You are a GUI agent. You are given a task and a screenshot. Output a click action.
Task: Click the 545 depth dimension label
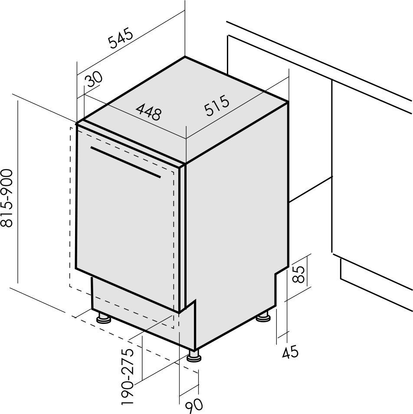coord(120,38)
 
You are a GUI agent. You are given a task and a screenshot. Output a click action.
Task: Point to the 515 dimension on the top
coord(217,106)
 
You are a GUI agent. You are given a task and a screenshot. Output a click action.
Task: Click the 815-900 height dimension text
coord(7,198)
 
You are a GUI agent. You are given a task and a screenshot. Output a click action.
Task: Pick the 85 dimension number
coord(299,274)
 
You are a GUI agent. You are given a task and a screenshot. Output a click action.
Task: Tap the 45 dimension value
coord(290,352)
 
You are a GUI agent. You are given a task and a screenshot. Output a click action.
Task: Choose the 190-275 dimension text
coord(128,377)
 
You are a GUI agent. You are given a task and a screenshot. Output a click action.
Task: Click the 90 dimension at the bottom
coord(194,407)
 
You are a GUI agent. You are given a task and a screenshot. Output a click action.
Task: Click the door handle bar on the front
coord(125,162)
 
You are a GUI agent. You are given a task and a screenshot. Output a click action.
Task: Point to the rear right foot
coord(263,316)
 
